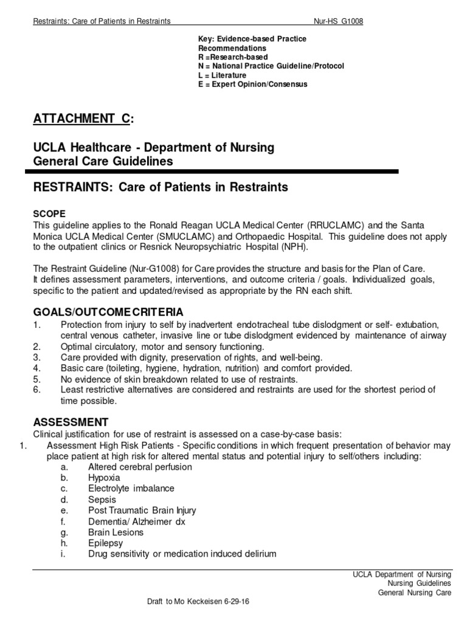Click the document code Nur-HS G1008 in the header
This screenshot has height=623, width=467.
(x=338, y=21)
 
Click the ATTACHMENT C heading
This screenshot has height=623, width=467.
(x=81, y=119)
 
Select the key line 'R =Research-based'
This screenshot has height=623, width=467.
(x=233, y=57)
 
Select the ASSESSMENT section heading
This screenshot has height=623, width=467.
(x=71, y=422)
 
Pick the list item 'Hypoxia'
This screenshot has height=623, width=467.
(x=104, y=478)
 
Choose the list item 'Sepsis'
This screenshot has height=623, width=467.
(x=102, y=499)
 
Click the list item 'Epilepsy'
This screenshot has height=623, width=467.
(x=105, y=543)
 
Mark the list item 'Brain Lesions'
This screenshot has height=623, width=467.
(x=116, y=532)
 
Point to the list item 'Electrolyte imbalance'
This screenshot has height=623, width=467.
(x=131, y=489)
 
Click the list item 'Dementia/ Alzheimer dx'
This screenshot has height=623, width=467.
(x=136, y=521)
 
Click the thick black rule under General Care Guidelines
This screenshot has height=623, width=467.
(x=215, y=172)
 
